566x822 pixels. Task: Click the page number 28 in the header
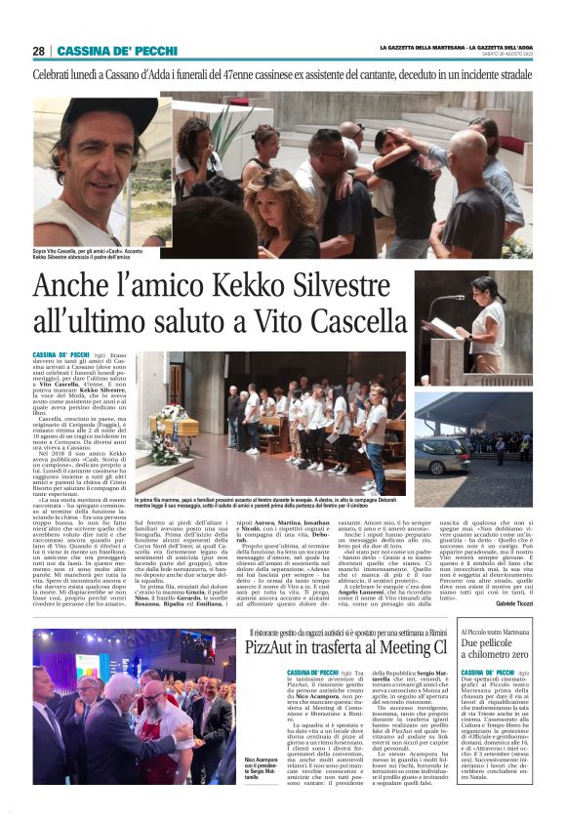(x=38, y=51)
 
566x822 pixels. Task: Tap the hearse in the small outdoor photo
(x=444, y=454)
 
